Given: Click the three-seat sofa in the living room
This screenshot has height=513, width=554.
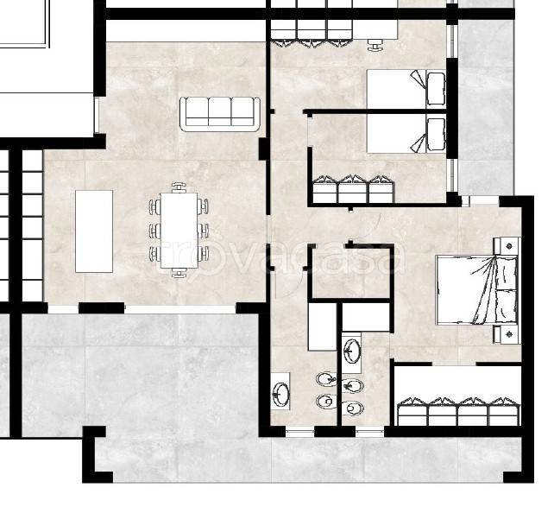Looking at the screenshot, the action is pos(220,114).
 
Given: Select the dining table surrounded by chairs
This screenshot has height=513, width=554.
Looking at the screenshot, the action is pos(179,231).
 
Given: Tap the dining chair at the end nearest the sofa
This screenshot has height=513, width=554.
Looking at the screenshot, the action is pos(179,187).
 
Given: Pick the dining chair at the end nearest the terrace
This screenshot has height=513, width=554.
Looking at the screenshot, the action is pos(179,273).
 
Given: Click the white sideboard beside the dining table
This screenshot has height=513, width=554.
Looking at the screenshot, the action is pos(94,231).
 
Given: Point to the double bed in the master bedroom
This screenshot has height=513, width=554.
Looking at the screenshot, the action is pos(477,289).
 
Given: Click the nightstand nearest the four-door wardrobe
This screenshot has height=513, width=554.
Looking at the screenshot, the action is pos(507,334).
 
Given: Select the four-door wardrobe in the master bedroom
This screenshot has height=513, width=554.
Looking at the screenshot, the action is pos(458,411).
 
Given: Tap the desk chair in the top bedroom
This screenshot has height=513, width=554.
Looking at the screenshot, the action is pos(375,45).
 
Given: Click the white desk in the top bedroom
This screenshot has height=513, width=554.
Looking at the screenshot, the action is pos(375,29).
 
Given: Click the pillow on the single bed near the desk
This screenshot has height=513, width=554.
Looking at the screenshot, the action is pos(436,89).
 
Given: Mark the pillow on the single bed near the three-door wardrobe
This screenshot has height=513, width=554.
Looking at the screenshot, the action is pos(436,135).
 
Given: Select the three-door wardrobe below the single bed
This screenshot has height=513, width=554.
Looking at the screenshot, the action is pos(353,189).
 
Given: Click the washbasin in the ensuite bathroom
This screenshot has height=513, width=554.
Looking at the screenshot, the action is pos(352,351).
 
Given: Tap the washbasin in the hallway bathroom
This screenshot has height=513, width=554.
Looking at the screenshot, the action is pos(281,393).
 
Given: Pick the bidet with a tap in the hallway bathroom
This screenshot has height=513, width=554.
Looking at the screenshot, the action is pos(326,380).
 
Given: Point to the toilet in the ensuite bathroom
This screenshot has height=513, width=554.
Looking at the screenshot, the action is pos(353,408).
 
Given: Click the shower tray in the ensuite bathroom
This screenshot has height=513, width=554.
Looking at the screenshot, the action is pos(366,317).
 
